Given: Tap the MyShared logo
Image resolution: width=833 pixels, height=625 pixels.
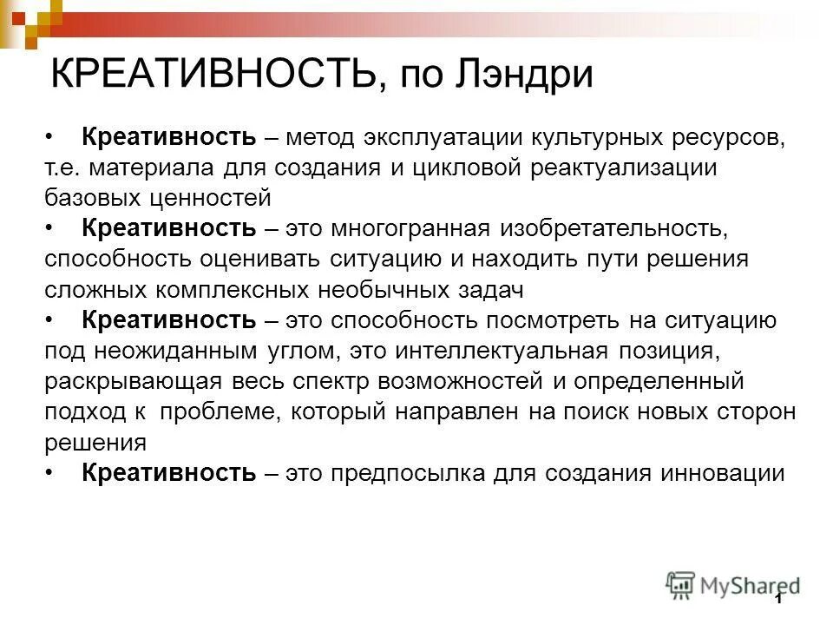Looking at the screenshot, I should click(x=733, y=586).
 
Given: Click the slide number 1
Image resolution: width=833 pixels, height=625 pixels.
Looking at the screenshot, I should click(x=778, y=599).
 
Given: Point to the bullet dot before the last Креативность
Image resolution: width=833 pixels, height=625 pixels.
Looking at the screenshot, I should click(x=49, y=473).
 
